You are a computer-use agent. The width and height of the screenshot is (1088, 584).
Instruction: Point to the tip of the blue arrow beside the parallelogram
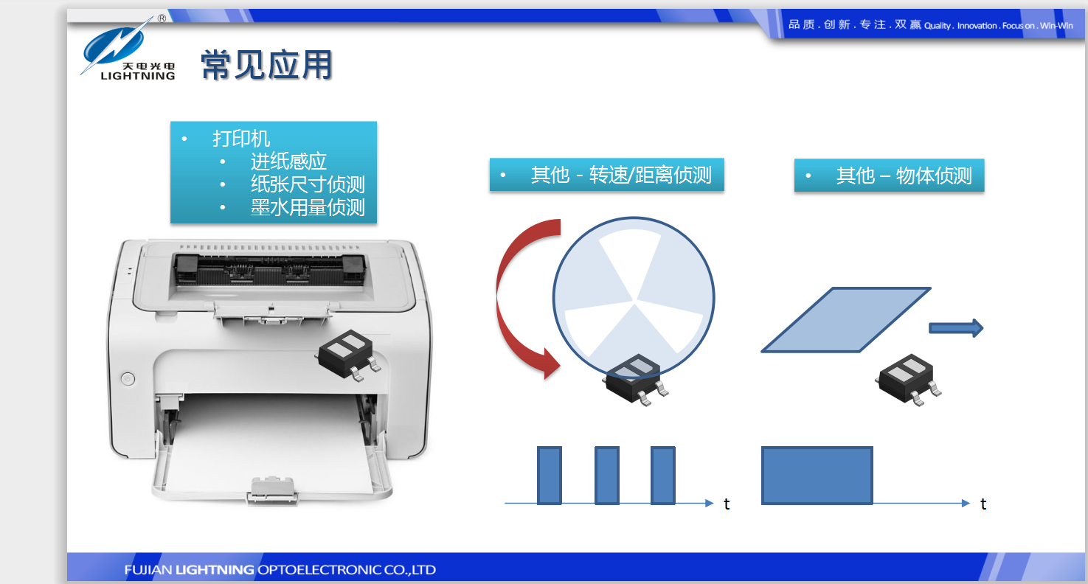(983, 328)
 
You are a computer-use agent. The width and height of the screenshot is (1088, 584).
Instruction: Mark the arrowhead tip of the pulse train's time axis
(713, 504)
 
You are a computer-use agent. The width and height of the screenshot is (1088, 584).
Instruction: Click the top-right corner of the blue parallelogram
(930, 288)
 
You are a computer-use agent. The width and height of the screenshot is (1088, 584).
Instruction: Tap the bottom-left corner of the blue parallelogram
(762, 352)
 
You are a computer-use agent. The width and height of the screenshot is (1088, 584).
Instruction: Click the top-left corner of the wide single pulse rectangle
(762, 447)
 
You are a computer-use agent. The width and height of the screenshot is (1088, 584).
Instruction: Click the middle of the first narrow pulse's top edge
(550, 447)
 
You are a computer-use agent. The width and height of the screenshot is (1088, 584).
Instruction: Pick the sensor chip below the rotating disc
(635, 380)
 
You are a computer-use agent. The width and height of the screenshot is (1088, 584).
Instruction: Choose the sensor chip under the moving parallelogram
(908, 380)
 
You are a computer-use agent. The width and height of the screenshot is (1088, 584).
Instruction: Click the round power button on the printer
(128, 378)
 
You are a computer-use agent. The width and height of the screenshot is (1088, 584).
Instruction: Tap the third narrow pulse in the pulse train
(663, 476)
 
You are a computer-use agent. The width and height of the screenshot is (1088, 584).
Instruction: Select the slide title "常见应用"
(266, 65)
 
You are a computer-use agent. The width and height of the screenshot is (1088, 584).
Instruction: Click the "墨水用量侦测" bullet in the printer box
(308, 207)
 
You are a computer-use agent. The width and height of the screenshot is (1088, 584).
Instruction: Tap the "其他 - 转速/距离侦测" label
(621, 175)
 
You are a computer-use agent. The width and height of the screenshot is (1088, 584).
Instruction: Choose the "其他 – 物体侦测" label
(904, 175)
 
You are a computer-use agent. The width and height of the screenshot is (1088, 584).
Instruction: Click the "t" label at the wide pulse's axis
(983, 504)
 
